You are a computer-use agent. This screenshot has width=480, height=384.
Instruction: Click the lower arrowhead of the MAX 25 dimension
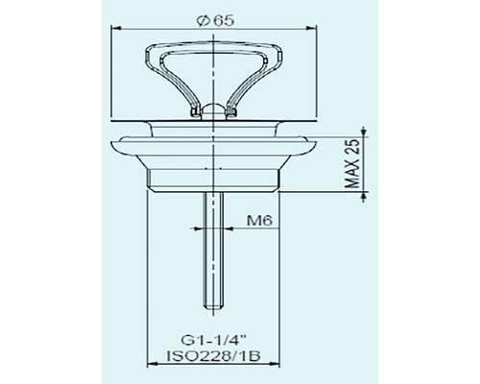pyautogui.click(x=366, y=189)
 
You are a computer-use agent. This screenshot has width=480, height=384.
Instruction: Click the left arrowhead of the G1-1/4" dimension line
pyautogui.click(x=150, y=368)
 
